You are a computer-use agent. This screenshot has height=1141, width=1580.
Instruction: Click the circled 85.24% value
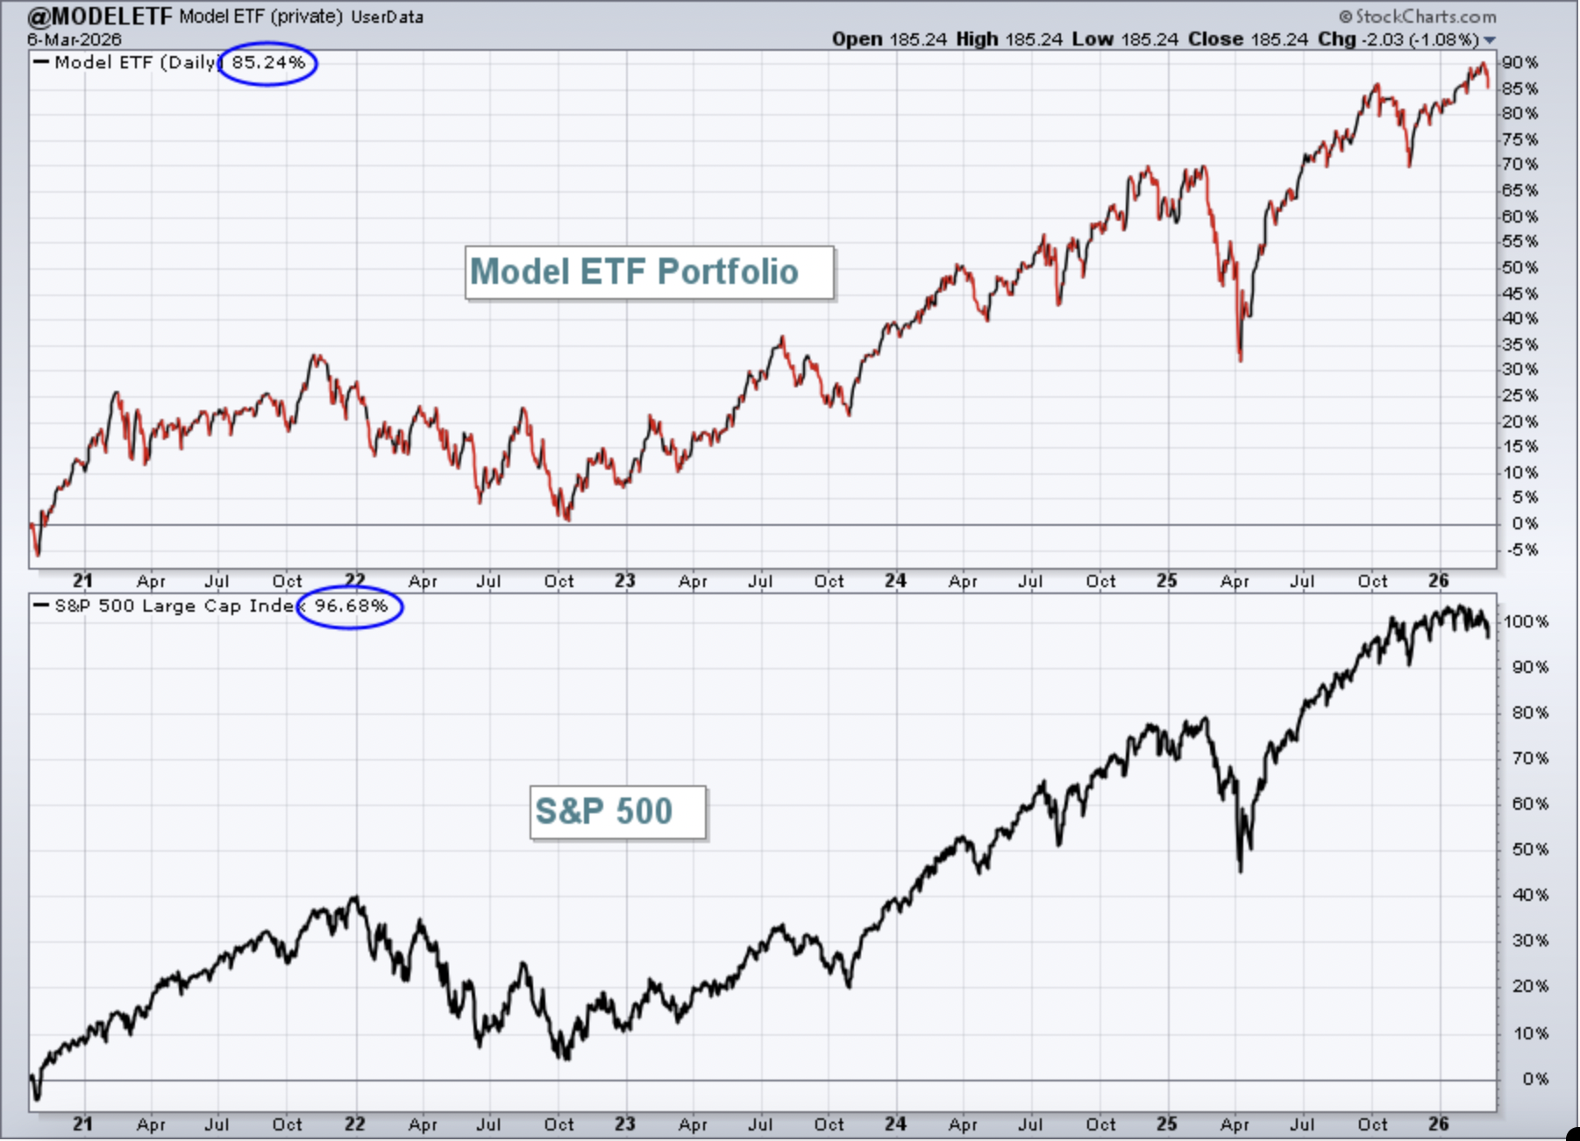tap(268, 63)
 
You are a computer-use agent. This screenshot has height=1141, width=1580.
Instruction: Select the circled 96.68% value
tap(351, 606)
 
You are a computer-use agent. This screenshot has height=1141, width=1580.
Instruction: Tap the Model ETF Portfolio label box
tap(649, 273)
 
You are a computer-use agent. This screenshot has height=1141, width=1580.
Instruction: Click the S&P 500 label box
tap(617, 812)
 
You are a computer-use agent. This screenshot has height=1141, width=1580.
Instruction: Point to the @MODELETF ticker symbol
tap(100, 16)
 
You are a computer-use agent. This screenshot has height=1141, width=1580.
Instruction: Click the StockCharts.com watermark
tap(1417, 16)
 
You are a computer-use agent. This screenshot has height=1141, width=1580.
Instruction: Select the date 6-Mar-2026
tap(75, 39)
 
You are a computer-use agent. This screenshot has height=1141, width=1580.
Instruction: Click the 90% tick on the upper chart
tap(1520, 63)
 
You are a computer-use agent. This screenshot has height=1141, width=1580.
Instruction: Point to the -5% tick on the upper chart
tap(1521, 550)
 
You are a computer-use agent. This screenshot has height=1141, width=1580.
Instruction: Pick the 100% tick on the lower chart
tap(1526, 622)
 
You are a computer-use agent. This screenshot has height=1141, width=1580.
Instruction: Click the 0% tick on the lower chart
tap(1534, 1080)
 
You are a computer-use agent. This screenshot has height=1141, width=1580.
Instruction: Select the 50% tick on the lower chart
tap(1530, 850)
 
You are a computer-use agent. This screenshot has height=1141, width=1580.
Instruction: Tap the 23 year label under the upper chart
tap(624, 581)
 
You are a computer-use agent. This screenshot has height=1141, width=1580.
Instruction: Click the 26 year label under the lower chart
tap(1438, 1124)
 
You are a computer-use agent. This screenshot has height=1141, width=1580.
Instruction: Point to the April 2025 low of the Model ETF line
tap(1241, 360)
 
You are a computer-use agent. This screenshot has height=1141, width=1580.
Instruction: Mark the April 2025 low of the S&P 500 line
tap(1241, 871)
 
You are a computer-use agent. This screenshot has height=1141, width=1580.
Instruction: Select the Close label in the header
tap(1215, 39)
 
